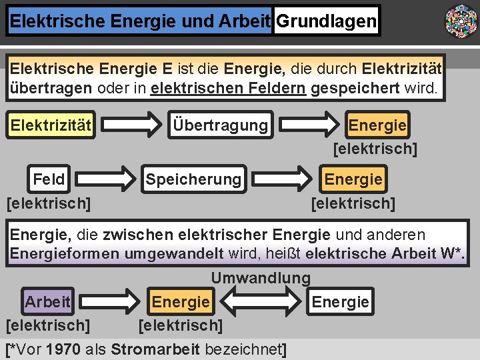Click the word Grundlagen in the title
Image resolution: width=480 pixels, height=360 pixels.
326,21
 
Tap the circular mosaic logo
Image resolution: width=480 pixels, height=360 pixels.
461,21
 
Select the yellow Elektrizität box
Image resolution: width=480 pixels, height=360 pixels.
51,125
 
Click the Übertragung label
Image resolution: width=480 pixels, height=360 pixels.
221,125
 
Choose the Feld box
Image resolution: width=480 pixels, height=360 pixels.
49,179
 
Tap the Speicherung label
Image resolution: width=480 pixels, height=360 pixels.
193,179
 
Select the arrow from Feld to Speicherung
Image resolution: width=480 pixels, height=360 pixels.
107,179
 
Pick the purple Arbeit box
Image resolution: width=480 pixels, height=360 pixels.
47,302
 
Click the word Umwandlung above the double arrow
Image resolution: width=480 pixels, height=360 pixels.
261,278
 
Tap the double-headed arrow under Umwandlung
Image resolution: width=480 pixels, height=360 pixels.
261,302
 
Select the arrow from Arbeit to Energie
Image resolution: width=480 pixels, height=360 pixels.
110,302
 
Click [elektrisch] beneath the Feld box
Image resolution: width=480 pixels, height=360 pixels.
49,202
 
